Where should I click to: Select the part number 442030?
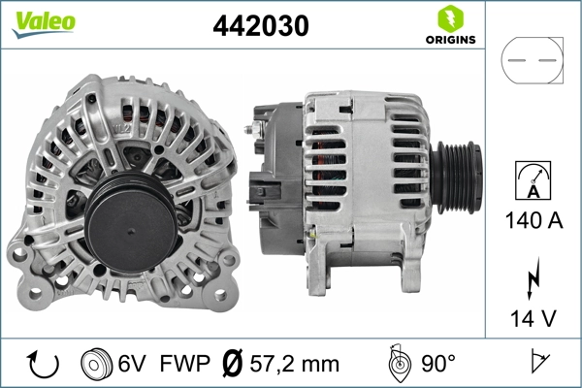[260, 27]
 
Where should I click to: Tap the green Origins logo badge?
[448, 25]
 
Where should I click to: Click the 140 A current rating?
[533, 219]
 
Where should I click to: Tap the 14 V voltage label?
[533, 318]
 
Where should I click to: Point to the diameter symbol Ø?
[233, 364]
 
